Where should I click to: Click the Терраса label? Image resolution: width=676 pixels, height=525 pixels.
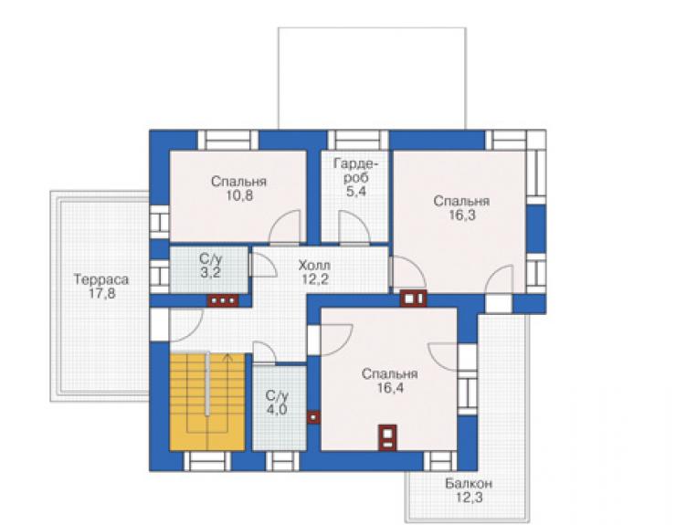point(101,279)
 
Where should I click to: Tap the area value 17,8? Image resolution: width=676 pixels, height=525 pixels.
point(101,294)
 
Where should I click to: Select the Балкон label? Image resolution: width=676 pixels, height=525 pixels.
point(469,484)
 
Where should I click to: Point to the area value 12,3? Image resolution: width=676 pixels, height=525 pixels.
point(469,498)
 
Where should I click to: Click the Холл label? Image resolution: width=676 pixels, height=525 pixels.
point(315,265)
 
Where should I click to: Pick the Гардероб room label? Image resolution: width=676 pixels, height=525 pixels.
point(356,171)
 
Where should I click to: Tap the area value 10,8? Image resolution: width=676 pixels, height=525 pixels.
point(238,195)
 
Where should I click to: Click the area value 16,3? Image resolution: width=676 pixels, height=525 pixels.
point(461,215)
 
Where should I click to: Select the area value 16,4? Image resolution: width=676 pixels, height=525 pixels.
point(390,388)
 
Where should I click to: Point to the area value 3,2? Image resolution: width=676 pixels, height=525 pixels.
point(210,273)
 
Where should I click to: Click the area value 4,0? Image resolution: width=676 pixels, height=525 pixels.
point(277,409)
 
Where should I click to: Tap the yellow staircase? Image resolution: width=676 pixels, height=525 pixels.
point(207,402)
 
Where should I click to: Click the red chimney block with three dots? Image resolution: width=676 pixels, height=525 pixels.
point(223,300)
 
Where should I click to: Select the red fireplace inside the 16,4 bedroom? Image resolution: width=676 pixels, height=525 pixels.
point(387,437)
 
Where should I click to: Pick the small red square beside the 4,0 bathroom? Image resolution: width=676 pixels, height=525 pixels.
point(313,417)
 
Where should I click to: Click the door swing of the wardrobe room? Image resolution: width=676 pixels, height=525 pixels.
point(354,227)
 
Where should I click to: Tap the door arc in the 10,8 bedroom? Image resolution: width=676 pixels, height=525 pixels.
point(284,226)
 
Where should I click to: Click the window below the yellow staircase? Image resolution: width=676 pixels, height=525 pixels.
point(207,461)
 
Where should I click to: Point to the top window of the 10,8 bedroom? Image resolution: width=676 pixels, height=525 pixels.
point(227,140)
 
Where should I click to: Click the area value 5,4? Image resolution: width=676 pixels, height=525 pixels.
point(356,192)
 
